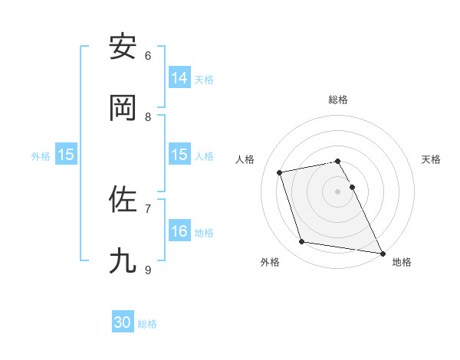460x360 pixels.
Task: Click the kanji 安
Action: (123, 47)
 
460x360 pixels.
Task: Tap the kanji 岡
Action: (123, 108)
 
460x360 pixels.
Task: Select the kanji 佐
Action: (123, 199)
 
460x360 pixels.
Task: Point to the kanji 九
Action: (123, 260)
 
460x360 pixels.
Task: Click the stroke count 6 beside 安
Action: (148, 55)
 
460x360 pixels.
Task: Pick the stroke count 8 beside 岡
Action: (148, 116)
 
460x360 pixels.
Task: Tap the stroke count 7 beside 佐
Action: (148, 208)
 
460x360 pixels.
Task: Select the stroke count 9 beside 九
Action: (148, 270)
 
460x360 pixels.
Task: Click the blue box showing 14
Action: (179, 78)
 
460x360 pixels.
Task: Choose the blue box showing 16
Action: (179, 231)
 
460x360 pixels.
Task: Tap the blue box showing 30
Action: (123, 322)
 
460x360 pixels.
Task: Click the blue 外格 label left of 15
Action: (41, 155)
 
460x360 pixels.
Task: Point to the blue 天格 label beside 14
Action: (204, 79)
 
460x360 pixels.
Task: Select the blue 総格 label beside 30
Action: (147, 324)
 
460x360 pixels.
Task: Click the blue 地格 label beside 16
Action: (204, 232)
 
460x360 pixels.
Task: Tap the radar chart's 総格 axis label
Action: (338, 100)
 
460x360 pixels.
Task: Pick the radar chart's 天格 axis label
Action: (431, 159)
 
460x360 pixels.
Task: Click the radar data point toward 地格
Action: (382, 252)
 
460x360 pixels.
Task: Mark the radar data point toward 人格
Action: (280, 172)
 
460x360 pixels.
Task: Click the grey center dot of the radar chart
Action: (338, 191)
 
